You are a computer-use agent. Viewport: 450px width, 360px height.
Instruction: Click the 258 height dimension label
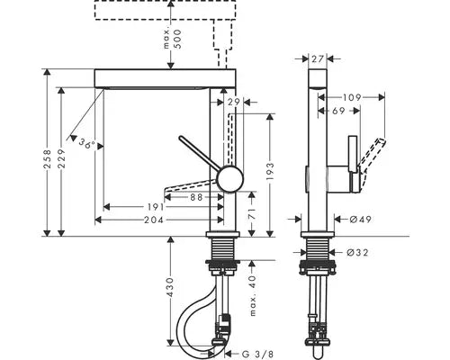(48, 160)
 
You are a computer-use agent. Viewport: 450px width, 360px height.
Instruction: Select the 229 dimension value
(62, 158)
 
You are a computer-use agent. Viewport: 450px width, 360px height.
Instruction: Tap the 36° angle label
(87, 143)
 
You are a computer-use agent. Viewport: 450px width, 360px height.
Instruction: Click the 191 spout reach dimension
(156, 207)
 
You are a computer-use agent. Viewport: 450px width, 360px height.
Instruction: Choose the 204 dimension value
(154, 220)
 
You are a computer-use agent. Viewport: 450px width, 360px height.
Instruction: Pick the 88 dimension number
(197, 197)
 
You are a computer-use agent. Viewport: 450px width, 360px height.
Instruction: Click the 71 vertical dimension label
(253, 214)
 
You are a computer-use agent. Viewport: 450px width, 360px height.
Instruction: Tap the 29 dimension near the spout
(234, 103)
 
